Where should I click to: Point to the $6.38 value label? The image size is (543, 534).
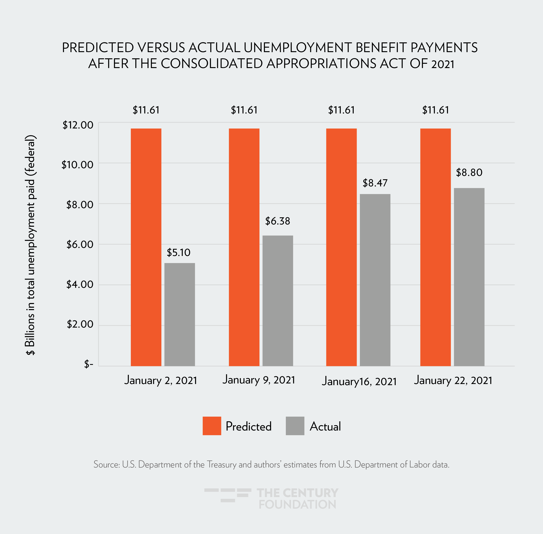click(278, 221)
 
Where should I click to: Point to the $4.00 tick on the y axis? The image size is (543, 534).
click(80, 284)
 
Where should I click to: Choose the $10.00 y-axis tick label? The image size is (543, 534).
click(77, 165)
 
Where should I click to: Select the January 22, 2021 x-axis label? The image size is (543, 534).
click(453, 380)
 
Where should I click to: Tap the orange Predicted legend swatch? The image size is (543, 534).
click(212, 426)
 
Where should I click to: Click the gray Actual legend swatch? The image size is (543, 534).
click(295, 426)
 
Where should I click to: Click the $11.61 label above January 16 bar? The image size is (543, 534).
click(342, 110)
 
